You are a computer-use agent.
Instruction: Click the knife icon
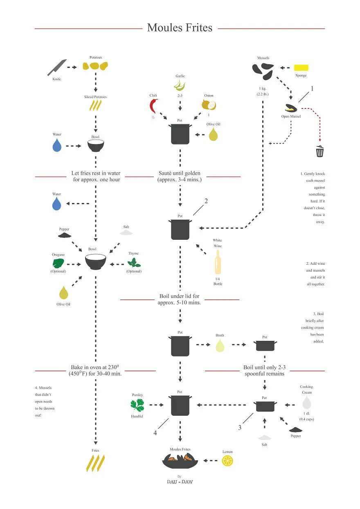coord(57,68)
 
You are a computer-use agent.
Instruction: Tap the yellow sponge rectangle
coord(301,68)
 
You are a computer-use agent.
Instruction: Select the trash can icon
coord(320,151)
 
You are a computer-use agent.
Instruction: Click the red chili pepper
coord(153,106)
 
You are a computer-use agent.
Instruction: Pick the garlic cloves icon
coord(180,86)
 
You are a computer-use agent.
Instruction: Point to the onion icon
coord(209,105)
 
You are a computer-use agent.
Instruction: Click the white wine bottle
coord(218,262)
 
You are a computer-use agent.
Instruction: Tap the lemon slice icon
coord(227,461)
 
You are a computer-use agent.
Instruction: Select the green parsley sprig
coord(137,405)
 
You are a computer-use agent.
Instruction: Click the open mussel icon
coord(291,108)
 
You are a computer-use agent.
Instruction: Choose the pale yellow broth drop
coord(220,345)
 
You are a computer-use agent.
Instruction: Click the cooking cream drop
coord(307,402)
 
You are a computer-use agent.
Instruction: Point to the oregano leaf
coord(58,264)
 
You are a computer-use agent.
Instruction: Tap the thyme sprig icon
coord(134,263)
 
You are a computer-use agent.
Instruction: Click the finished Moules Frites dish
coord(180,461)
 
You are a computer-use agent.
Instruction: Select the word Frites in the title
coord(199,28)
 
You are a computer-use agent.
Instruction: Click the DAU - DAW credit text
coord(180,482)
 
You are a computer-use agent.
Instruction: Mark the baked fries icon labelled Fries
coord(95,463)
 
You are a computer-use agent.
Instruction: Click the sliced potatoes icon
coord(95,106)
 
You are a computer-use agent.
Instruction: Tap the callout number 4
coord(155,433)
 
